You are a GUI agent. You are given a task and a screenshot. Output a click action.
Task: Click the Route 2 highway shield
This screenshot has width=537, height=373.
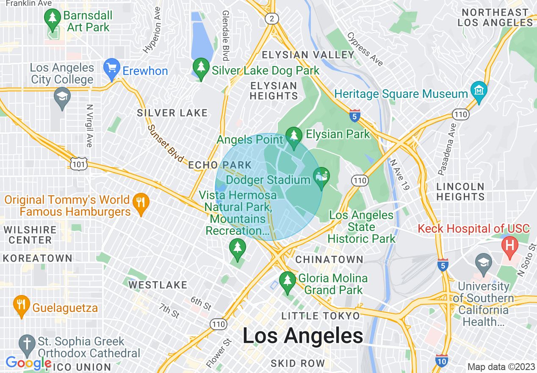[271, 18]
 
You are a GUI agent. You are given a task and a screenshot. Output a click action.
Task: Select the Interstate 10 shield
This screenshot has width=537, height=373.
[442, 360]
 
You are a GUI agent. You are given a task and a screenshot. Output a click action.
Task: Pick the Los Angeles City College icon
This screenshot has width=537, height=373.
[62, 97]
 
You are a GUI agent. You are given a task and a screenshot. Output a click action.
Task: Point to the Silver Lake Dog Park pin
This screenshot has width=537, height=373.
[201, 68]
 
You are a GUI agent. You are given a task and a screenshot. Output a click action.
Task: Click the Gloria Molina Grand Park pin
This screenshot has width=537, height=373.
[288, 282]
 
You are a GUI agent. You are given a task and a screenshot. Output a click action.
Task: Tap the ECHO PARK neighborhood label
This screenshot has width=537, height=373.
[220, 165]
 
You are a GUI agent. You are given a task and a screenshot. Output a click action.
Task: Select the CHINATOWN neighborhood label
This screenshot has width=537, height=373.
[329, 259]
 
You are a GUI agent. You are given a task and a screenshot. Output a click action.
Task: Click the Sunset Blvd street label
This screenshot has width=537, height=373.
[166, 144]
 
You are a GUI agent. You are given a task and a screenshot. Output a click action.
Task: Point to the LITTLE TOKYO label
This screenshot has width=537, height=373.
[321, 316]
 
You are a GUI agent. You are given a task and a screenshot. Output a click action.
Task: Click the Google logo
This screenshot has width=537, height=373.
[28, 363]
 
